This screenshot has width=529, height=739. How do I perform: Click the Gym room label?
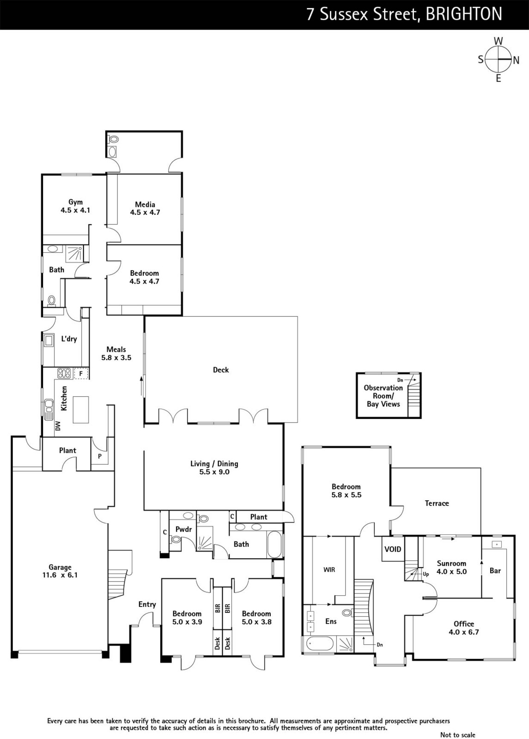[x=75, y=202]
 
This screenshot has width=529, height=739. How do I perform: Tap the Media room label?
[x=145, y=205]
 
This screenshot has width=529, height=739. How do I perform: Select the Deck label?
[x=221, y=369]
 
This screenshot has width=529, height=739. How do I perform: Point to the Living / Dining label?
[x=214, y=464]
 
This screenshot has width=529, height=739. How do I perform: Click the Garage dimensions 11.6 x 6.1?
[x=60, y=575]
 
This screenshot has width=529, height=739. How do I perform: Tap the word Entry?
[x=147, y=604]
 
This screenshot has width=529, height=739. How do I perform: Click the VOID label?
[x=393, y=549]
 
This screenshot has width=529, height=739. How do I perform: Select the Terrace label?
[x=437, y=503]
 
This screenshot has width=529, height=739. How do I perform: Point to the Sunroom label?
[x=451, y=563]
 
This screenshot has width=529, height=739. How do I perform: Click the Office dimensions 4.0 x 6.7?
[x=463, y=632]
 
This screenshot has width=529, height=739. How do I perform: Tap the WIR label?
[x=329, y=569]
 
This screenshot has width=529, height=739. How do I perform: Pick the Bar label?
[x=495, y=570]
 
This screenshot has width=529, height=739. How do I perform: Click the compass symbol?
[x=499, y=60]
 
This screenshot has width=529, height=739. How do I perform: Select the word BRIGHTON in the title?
[x=463, y=14]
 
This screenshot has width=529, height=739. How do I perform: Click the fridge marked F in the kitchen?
[x=81, y=373]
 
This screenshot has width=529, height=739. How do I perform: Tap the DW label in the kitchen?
[x=58, y=426]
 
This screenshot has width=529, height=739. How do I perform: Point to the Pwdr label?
[x=183, y=529]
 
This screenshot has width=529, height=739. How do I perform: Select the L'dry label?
[x=69, y=339]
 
